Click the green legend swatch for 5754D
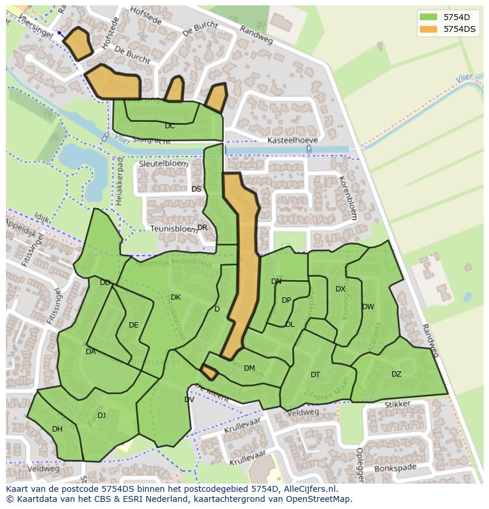(429, 17)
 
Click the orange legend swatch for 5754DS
(429, 29)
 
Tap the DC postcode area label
(169, 126)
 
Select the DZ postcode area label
(396, 374)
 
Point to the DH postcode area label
(57, 429)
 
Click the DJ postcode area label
(102, 416)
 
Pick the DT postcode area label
(315, 375)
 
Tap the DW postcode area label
(368, 307)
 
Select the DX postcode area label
(340, 289)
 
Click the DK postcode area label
(175, 297)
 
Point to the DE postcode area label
(133, 325)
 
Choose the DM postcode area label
(249, 368)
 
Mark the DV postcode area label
(189, 400)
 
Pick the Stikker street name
(397, 405)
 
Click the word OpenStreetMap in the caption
(318, 499)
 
